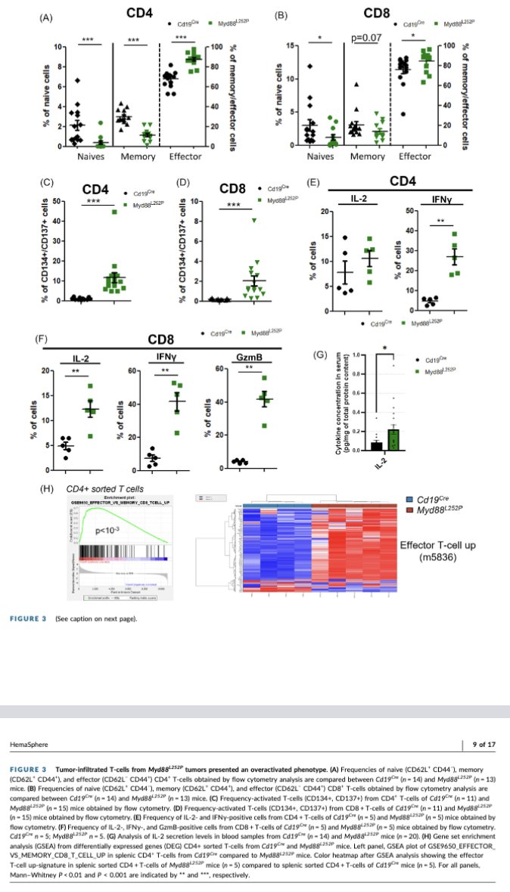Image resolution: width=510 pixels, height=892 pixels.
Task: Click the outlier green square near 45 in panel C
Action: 116,212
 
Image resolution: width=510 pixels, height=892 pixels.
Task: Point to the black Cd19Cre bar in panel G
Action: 376,445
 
